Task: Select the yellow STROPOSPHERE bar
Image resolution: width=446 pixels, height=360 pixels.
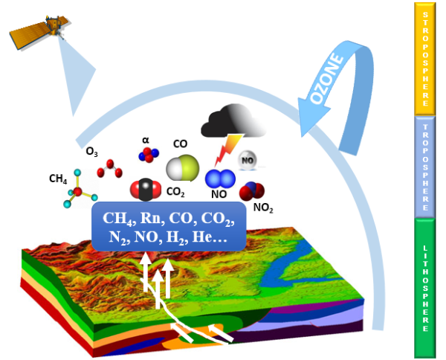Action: coord(425,58)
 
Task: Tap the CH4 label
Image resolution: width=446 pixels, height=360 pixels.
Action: coord(59,179)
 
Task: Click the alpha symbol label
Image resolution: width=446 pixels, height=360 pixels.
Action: coord(146,140)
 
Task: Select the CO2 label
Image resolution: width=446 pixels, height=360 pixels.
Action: coord(175,192)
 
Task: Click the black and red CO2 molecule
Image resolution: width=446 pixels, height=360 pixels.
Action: coord(146,189)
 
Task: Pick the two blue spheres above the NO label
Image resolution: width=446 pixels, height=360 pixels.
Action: coord(219,179)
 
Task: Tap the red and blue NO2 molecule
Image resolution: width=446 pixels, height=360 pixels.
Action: coord(251,192)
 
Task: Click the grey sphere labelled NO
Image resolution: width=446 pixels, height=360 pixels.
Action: coord(248,159)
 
